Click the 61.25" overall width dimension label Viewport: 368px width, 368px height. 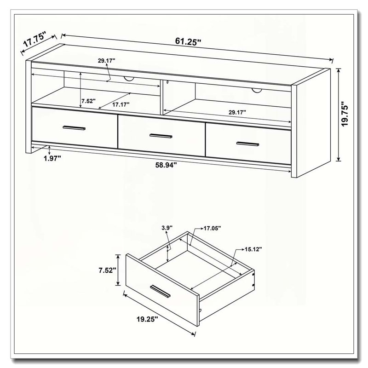click(188, 41)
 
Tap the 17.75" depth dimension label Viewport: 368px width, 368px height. click(34, 40)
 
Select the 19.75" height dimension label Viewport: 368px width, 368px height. click(345, 114)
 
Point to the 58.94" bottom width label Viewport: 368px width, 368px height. click(166, 165)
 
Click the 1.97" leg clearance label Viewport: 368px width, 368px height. click(52, 158)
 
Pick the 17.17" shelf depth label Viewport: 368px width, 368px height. click(121, 104)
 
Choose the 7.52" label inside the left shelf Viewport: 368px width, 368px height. click(88, 101)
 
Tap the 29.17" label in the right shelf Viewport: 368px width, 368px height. click(237, 112)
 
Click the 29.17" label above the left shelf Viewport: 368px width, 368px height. click(107, 61)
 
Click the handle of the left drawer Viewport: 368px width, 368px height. click(74, 128)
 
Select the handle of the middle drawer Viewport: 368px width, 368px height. click(161, 136)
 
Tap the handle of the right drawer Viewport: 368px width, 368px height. click(247, 144)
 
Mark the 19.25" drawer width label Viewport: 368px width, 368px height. click(147, 319)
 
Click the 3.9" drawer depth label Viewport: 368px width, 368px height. click(167, 228)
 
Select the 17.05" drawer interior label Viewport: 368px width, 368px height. click(212, 228)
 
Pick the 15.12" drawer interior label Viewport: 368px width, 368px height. click(253, 249)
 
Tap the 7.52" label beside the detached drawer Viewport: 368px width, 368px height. click(108, 270)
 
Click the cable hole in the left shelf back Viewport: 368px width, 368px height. click(129, 79)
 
